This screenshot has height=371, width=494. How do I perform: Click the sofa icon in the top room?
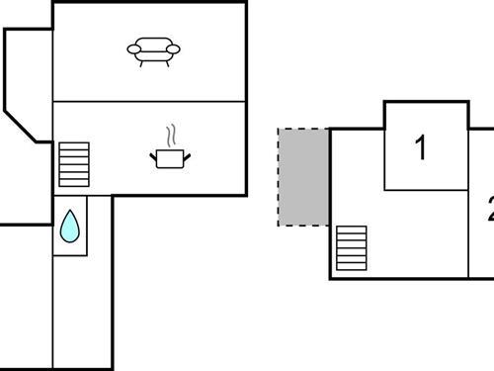(x=154, y=50)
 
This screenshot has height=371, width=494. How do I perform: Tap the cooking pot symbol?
(x=169, y=157)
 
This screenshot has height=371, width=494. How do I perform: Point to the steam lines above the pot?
(x=171, y=135)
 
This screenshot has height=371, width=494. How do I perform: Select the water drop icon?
(x=69, y=227)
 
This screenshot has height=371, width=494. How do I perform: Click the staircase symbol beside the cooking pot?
(x=74, y=164)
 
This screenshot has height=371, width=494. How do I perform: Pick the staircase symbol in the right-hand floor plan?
(x=352, y=247)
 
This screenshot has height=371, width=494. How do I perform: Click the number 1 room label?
(x=422, y=148)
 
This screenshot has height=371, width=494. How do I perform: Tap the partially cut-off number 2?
(x=489, y=209)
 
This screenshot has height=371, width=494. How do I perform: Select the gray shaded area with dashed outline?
(x=302, y=176)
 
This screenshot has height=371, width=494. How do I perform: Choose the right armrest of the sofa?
(x=176, y=47)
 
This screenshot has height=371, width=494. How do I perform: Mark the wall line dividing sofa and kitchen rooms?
(x=148, y=101)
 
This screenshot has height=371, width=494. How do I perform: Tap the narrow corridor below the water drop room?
(x=83, y=312)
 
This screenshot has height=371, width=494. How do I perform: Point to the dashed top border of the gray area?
(x=302, y=129)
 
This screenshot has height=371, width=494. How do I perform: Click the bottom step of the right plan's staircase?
(x=352, y=265)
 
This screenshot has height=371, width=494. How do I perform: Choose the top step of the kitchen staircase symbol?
(x=74, y=145)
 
